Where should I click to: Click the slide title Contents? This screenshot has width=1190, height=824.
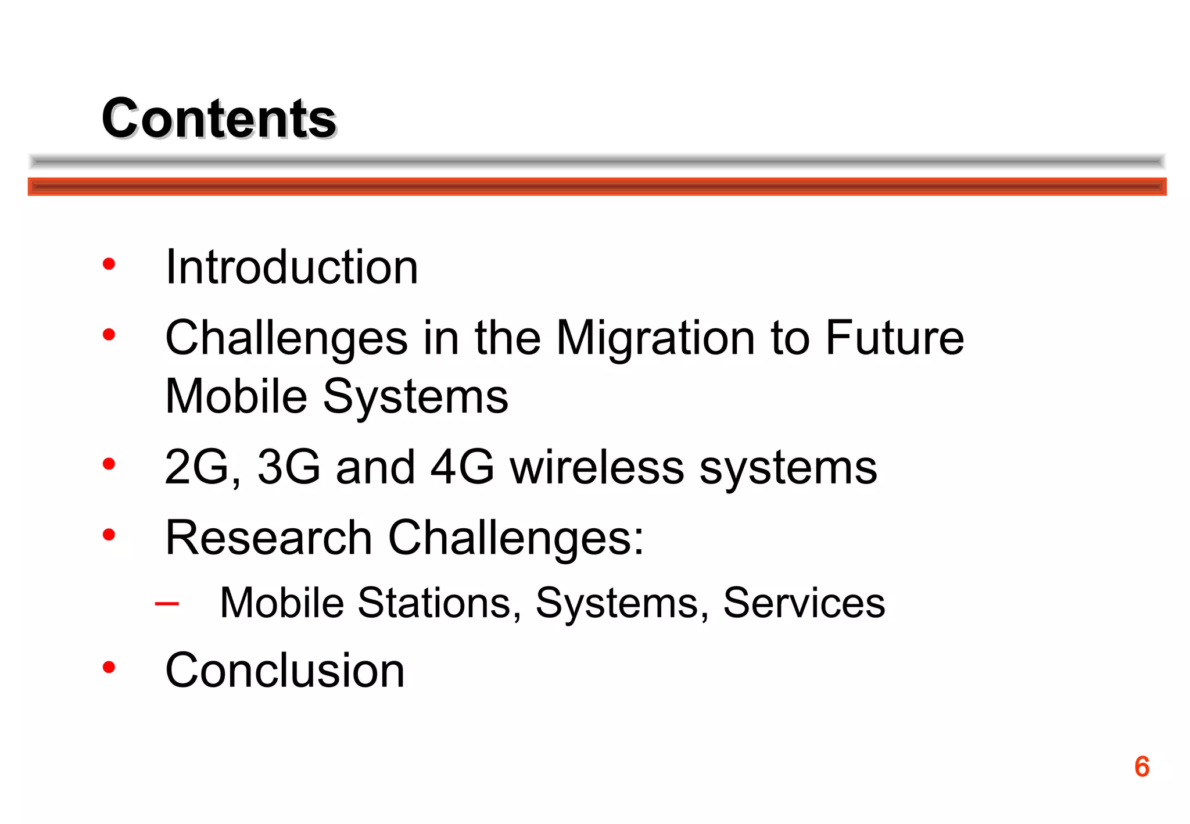coord(219,119)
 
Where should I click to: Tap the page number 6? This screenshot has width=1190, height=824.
coord(1141,766)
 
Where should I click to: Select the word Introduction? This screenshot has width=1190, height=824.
coord(292,267)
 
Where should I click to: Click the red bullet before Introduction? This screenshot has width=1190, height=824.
coord(109,264)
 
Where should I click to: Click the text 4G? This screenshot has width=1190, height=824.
coord(462,467)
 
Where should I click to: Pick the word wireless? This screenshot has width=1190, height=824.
coord(597,467)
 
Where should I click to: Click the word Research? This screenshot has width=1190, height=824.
coord(268,538)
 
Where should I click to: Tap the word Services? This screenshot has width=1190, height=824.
coord(804,603)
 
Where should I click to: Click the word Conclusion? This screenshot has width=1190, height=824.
coord(285,671)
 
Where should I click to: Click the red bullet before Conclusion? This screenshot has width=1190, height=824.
coord(109,667)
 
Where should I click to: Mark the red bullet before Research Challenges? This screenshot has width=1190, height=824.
coord(109,535)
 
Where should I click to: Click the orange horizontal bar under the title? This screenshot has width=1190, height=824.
coord(597,187)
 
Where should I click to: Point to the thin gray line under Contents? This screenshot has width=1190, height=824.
coord(597,161)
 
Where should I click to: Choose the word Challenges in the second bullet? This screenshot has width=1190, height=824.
coord(286,339)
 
